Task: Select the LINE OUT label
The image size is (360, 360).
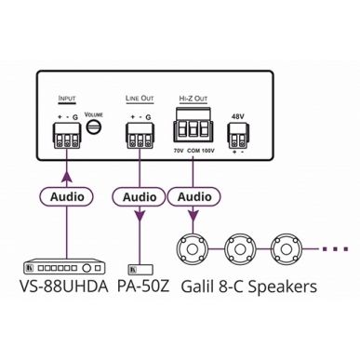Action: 139,96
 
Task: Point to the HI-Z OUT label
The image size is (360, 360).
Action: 192,96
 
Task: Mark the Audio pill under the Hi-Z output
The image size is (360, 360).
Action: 193,196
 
